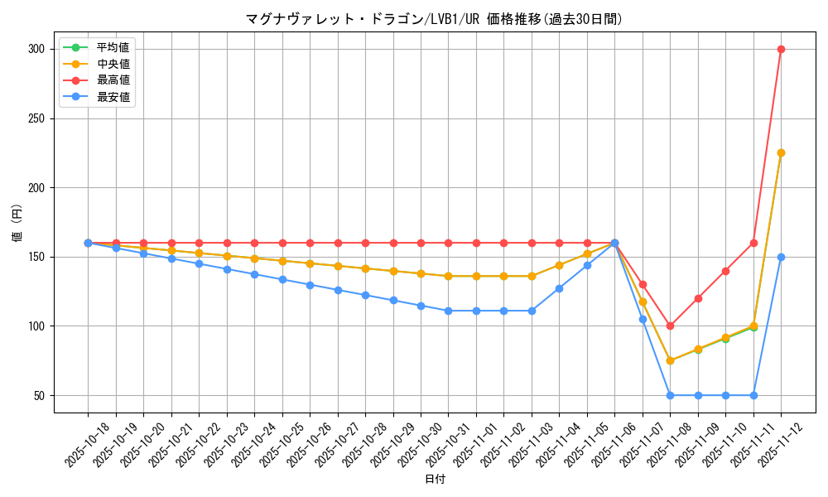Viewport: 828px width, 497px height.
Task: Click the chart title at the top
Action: (x=434, y=19)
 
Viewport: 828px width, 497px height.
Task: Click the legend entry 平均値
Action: (x=113, y=47)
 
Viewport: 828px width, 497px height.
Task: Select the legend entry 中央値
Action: (x=113, y=64)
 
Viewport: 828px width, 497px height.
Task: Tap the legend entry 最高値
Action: (x=113, y=80)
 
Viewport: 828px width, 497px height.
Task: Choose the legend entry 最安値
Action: (x=113, y=97)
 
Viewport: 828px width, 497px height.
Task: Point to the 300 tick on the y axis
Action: (x=36, y=49)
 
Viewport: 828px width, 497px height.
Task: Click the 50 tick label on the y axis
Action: (x=38, y=395)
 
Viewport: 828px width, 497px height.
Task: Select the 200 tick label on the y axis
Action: (x=36, y=187)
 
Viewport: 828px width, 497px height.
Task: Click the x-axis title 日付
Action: (x=434, y=480)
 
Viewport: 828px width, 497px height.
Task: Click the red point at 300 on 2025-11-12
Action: (x=781, y=49)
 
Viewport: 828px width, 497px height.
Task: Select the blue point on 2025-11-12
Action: (x=781, y=257)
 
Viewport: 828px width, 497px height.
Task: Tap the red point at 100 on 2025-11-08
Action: (x=670, y=326)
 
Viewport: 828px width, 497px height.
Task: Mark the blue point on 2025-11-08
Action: (x=670, y=395)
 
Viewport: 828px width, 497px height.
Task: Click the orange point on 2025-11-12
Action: (x=781, y=152)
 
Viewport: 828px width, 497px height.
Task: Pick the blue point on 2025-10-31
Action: (x=448, y=311)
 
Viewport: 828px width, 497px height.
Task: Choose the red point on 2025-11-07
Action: (x=643, y=284)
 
